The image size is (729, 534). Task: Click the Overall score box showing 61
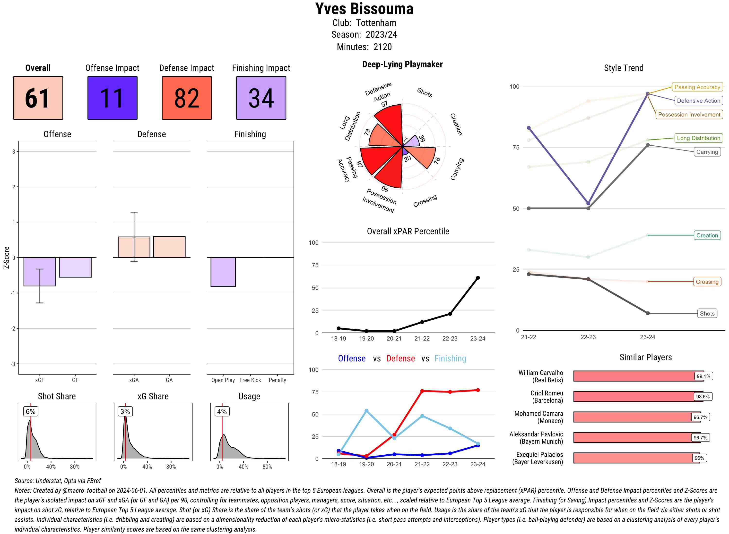pos(38,98)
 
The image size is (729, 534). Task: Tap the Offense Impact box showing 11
pos(112,98)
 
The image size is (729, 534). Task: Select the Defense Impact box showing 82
pos(187,98)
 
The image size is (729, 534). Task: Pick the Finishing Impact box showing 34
pos(261,98)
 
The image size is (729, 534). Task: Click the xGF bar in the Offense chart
pos(40,272)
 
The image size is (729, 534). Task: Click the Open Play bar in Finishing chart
pos(223,272)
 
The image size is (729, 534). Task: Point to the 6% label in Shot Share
pos(31,411)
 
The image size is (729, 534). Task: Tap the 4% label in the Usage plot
pos(222,411)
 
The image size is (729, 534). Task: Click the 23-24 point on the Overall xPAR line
pos(477,278)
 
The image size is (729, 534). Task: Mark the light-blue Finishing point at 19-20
pos(366,411)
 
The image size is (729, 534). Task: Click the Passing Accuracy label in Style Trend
pos(697,87)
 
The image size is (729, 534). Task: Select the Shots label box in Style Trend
pos(707,313)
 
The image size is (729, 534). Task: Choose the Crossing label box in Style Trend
pos(707,282)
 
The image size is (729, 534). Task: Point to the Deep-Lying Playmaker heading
pos(402,64)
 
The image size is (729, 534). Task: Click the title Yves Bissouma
pos(364,9)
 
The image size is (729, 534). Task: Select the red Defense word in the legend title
pos(400,359)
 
